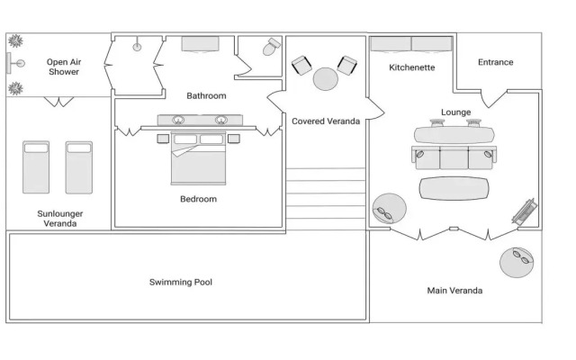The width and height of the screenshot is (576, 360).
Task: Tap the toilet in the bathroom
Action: pos(270,49)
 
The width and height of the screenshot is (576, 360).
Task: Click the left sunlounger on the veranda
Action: pos(36,166)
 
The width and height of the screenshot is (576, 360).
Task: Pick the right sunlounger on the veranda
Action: pos(79,166)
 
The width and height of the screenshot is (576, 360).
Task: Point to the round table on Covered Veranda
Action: pos(325,79)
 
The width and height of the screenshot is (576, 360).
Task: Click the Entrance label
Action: pos(495,62)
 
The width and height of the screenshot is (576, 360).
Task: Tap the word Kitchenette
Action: pos(412,67)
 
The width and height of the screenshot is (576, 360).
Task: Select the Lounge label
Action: pos(455,112)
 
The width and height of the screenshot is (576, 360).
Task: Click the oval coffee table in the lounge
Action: pos(454,188)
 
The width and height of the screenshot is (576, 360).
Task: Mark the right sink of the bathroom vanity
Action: pos(220,119)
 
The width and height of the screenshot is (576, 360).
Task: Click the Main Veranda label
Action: pos(454,291)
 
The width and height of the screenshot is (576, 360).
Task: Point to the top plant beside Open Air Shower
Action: pos(15,41)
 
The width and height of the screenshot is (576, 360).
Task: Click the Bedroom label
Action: pos(198,199)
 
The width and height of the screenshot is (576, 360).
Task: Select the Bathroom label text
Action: pos(206,95)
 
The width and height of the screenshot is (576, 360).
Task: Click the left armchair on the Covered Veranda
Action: pos(301,66)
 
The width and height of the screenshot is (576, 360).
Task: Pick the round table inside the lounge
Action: pos(389,210)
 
